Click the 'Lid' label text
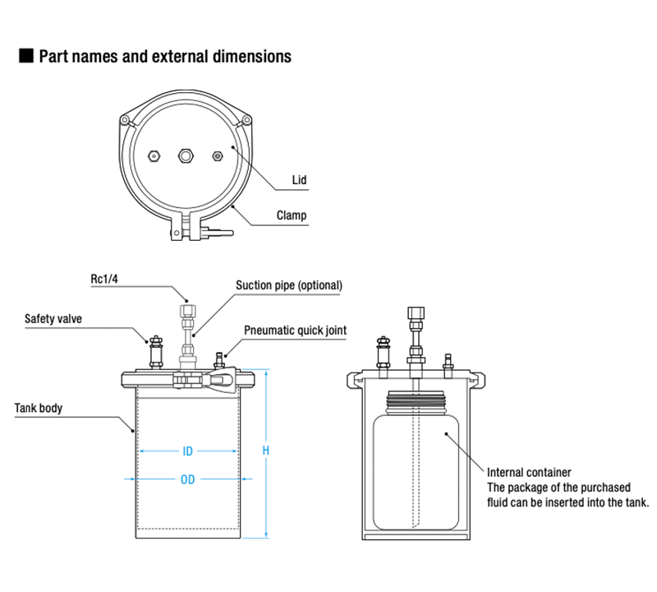(301, 179)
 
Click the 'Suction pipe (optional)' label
(288, 285)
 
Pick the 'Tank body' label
(39, 408)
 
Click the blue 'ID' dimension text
(188, 451)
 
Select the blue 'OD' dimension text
(188, 479)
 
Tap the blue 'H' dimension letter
(266, 451)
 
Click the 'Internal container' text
(529, 472)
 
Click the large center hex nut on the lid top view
(185, 155)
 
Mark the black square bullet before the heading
(25, 57)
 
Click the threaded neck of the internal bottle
(417, 403)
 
